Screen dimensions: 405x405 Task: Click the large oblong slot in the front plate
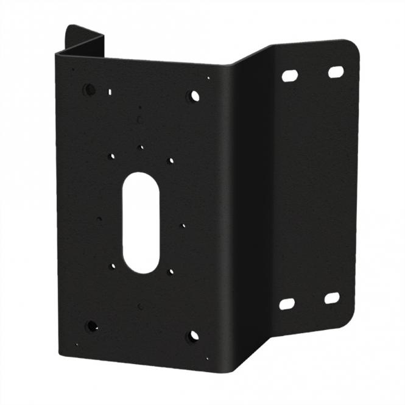point(141,222)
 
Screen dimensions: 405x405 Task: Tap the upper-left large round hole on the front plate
point(90,90)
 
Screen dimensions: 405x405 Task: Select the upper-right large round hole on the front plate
point(194,96)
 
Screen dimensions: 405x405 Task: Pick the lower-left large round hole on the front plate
point(92,326)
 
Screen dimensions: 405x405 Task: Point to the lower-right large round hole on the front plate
point(192,336)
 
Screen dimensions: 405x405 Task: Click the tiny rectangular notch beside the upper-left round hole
point(110,93)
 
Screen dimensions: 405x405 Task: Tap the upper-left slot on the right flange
point(290,76)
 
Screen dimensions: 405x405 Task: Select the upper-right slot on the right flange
point(336,72)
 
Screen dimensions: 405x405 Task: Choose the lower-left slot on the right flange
point(287,303)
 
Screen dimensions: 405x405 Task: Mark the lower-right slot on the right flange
point(332,298)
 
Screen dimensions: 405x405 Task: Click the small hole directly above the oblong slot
point(141,147)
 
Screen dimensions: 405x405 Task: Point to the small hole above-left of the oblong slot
point(111,157)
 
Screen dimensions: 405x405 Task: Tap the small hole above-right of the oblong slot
point(171,161)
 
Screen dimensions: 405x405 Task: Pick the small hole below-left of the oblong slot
point(111,266)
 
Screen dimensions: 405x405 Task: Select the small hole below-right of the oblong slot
point(171,272)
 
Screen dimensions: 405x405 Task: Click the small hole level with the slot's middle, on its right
point(183,225)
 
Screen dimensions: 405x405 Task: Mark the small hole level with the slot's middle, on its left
point(99,218)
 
